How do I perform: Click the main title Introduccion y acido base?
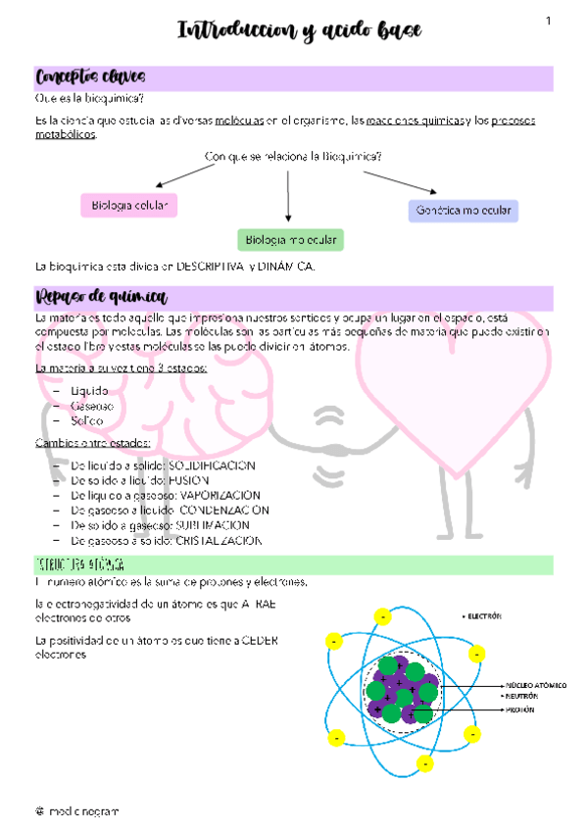pyautogui.click(x=299, y=31)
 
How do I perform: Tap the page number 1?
pyautogui.click(x=549, y=22)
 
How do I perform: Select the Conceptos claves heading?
pyautogui.click(x=91, y=77)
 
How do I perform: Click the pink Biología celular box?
pyautogui.click(x=128, y=205)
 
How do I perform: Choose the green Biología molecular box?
pyautogui.click(x=290, y=239)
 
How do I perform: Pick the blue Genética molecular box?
pyautogui.click(x=464, y=211)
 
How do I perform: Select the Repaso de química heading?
pyautogui.click(x=101, y=298)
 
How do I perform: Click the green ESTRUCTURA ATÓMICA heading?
pyautogui.click(x=78, y=565)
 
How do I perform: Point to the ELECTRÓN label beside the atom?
pyautogui.click(x=483, y=616)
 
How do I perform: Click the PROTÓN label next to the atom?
pyautogui.click(x=520, y=708)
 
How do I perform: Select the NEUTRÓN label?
pyautogui.click(x=523, y=696)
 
